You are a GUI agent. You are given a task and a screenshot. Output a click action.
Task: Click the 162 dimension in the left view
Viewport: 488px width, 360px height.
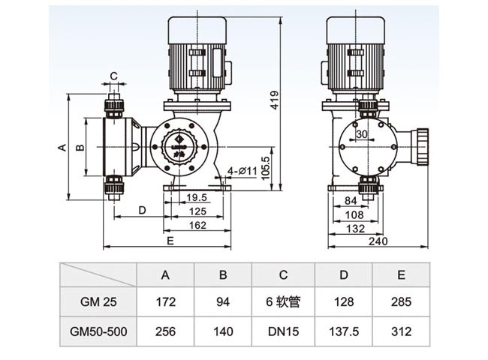[x=197, y=225]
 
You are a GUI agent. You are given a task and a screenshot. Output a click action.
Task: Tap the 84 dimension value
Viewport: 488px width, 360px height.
[x=350, y=200]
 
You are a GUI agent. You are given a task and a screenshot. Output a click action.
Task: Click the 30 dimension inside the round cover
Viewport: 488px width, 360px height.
[x=362, y=134]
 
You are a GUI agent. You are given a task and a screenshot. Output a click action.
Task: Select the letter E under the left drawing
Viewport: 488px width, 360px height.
[x=170, y=241]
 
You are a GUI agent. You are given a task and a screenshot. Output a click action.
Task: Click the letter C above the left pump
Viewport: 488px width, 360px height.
[x=113, y=76]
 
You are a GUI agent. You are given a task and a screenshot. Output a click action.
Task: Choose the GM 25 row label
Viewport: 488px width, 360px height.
[x=96, y=302]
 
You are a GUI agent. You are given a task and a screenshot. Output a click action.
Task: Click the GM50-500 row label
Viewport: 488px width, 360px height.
[x=96, y=331]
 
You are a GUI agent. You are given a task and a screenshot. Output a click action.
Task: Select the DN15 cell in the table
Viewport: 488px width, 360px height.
[x=283, y=331]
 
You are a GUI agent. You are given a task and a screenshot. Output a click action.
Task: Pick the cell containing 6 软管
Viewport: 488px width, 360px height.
[x=283, y=302]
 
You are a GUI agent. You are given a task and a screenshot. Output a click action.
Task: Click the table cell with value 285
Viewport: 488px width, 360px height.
[x=402, y=302]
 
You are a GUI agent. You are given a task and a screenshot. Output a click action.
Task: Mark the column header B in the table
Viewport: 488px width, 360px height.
[x=223, y=274]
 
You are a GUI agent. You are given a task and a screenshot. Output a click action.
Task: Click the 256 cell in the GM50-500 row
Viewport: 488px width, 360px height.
[x=165, y=331]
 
